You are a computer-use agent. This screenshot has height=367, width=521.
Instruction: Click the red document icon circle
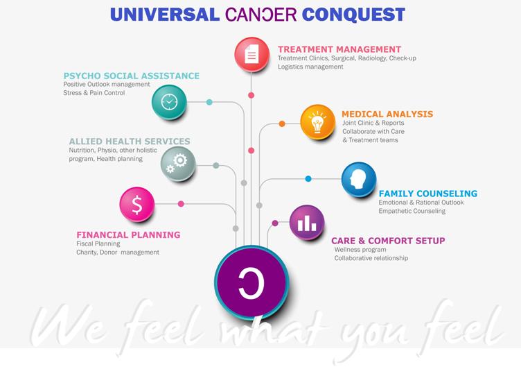(252, 55)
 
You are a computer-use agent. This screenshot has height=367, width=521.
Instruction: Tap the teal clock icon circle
(169, 102)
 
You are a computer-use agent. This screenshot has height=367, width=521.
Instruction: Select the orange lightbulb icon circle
(317, 122)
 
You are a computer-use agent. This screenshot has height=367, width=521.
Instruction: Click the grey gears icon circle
(178, 164)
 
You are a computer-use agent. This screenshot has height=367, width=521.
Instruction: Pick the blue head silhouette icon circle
(359, 180)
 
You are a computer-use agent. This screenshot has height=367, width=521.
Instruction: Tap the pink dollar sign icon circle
(137, 204)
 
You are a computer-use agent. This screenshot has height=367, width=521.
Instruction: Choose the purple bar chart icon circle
(307, 222)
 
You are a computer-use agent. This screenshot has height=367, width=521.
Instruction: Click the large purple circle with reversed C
(251, 282)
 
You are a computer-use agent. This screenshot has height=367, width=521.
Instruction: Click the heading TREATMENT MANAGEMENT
(339, 49)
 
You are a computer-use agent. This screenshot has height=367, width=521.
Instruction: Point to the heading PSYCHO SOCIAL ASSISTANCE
(131, 76)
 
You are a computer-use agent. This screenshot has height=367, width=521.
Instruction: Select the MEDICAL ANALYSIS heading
(387, 114)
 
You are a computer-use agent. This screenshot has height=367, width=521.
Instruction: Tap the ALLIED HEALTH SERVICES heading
(130, 142)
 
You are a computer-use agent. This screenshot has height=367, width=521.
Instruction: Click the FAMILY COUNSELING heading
(428, 194)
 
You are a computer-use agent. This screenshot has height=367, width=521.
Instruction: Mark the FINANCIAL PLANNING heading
(128, 235)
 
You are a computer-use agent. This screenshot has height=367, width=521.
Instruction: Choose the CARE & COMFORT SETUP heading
(388, 241)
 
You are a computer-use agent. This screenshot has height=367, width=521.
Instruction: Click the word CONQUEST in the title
(353, 15)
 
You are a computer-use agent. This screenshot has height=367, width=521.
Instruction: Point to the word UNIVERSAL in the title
(164, 15)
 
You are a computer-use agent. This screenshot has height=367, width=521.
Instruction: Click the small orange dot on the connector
(282, 123)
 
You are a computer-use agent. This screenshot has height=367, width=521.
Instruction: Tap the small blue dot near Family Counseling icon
(308, 179)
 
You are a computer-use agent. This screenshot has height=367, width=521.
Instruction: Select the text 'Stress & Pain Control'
(94, 93)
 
